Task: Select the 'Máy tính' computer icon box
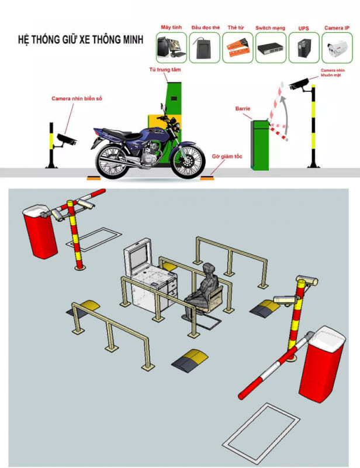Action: [x=171, y=47]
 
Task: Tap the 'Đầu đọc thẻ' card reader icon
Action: [x=205, y=47]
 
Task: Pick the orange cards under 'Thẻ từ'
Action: [x=237, y=47]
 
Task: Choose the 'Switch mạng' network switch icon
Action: [x=270, y=47]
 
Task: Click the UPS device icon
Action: [x=303, y=47]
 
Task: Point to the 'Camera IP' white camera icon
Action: [x=337, y=47]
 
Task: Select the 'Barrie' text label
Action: [x=243, y=109]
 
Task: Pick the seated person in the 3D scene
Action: [x=205, y=290]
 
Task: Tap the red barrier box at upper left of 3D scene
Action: [x=39, y=232]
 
